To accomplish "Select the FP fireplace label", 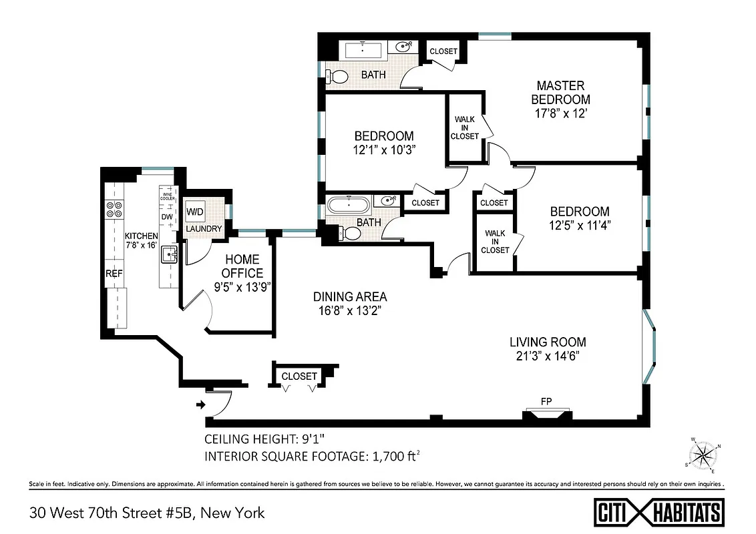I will [x=546, y=401].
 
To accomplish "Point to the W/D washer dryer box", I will [x=195, y=212].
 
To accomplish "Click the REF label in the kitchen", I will [x=113, y=274].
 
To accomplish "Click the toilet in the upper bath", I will [x=339, y=76].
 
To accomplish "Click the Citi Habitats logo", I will [x=659, y=512].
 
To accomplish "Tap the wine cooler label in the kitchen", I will [x=167, y=196].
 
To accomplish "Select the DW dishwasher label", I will [x=167, y=217].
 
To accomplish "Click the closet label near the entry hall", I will [x=299, y=376].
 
